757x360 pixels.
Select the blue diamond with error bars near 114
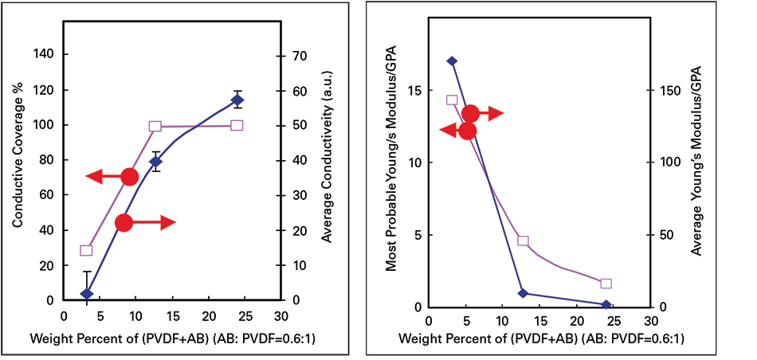coord(237,100)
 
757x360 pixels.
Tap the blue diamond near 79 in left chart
coord(156,162)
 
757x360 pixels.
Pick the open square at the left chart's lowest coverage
coord(86,250)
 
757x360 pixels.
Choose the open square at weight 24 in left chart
coord(237,125)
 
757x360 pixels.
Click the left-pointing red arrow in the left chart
coord(112,177)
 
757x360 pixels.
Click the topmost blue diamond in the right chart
coord(452,61)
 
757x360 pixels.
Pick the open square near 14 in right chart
coord(452,100)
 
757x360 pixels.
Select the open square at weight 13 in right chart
coord(523,241)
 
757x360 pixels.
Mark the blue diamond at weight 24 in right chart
coord(606,304)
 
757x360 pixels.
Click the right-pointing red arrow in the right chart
coord(482,113)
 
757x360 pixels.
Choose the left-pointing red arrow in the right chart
coord(456,131)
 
